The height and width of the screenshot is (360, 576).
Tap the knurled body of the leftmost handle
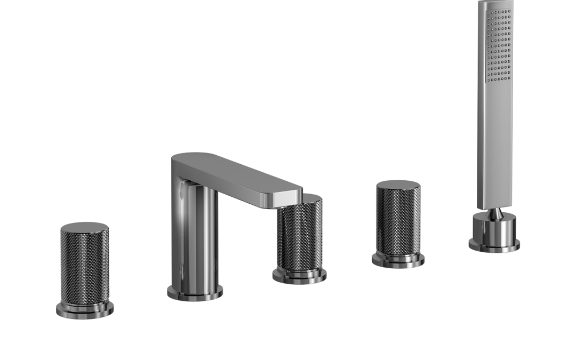84,267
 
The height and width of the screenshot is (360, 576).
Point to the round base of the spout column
195,293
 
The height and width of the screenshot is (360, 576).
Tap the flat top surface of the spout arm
235,171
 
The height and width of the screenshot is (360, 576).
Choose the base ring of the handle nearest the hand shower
398,260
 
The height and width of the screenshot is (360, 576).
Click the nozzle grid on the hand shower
500,45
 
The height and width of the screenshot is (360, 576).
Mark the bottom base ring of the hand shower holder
494,245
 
